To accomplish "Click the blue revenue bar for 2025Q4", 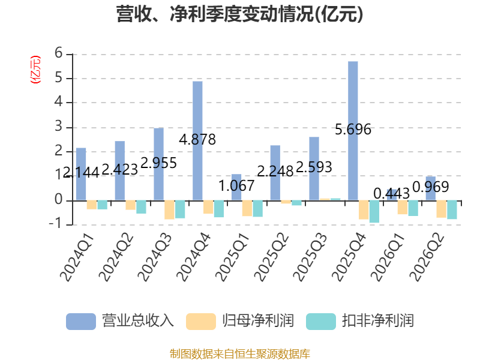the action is (x=353, y=131).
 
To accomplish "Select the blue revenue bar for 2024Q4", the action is (x=197, y=141).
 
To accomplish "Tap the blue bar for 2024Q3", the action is (x=158, y=164).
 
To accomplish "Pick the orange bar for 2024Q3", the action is (x=169, y=210).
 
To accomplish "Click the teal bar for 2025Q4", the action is (x=374, y=212).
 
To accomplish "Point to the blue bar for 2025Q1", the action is (x=236, y=187).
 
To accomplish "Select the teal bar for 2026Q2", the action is (x=452, y=210).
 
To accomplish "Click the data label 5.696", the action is (x=353, y=130).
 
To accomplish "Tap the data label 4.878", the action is (x=197, y=140).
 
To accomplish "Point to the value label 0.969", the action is (x=431, y=187).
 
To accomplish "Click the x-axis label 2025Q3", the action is (x=310, y=257).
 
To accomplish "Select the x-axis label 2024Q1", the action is (x=77, y=257).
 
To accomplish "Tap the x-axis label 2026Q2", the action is (x=427, y=257).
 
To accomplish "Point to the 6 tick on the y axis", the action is (x=58, y=53).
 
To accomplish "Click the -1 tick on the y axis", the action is (x=56, y=224).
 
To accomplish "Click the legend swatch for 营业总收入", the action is (x=81, y=322).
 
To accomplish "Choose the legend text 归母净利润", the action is (x=258, y=321).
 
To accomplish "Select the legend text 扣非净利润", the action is (x=378, y=321).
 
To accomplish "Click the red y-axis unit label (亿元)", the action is (x=35, y=70).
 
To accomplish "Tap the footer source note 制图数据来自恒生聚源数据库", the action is (x=239, y=354).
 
